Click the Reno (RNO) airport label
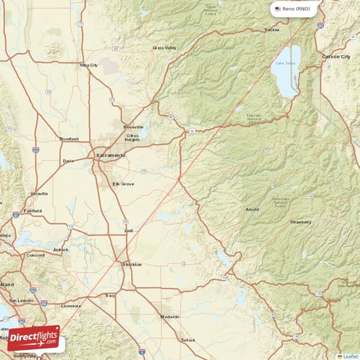pos(297,9)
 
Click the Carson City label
pos(336,55)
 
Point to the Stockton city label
pos(131,264)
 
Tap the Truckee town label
pos(271,30)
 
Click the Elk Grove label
pos(123,184)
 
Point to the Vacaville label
pos(39,194)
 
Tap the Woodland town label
pos(69,139)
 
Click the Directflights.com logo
pos(35,337)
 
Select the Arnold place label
pos(252,210)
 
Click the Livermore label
pos(71,305)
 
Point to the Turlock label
pos(188,339)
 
